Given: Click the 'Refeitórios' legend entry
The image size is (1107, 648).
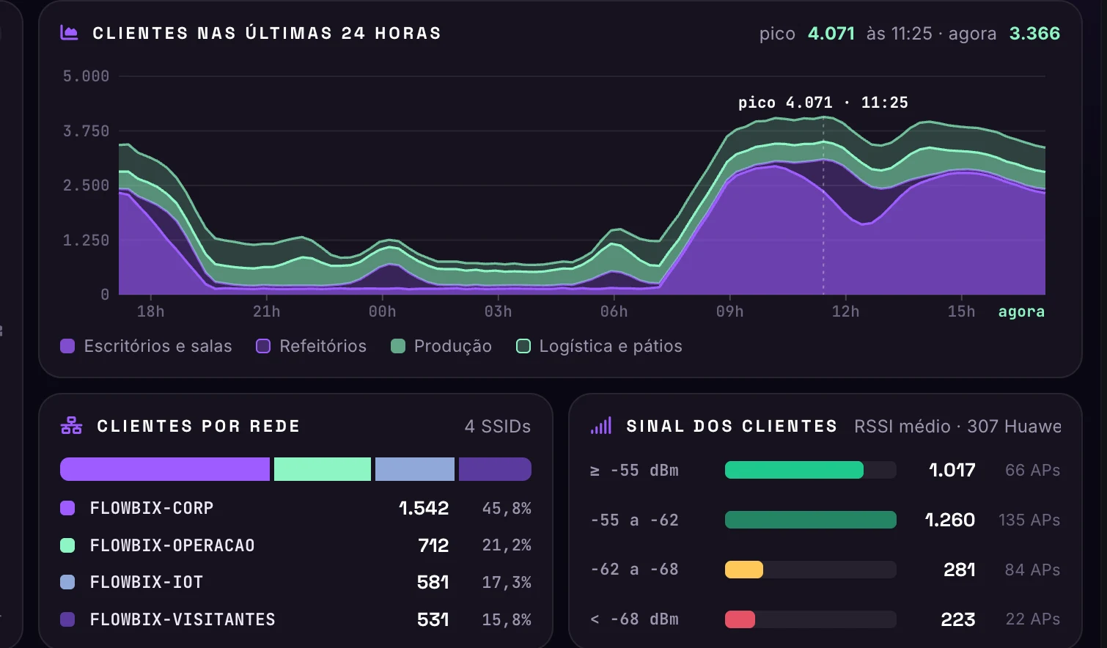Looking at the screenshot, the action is coord(312,346).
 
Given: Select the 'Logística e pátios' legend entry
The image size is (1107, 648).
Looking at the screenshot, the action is coord(599,346).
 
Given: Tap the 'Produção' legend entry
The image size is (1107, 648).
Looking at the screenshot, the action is coord(441,346).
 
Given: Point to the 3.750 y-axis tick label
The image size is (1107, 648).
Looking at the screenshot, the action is coord(86,131).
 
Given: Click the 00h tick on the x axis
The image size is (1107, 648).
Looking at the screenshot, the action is coord(382,312).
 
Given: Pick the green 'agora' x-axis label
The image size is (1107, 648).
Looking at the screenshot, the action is coord(1021,312).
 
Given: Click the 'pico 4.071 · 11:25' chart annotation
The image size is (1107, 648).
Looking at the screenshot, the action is coord(823,103).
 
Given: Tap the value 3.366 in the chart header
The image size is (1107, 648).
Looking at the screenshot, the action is coord(1034,33).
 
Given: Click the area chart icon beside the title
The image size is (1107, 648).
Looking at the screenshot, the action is coord(69,33).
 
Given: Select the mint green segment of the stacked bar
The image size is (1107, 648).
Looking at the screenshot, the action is coord(323,469).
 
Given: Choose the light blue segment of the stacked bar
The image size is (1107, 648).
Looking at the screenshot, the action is coord(415,469).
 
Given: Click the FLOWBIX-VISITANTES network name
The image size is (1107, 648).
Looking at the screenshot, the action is coord(183,619).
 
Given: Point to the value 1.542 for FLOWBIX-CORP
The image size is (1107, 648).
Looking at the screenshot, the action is coord(424,508).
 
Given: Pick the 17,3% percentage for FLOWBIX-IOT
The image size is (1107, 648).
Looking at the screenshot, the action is coord(507,582).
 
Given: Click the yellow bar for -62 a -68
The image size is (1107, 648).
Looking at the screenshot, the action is coord(744,570).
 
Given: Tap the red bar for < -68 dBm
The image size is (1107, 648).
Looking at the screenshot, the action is coord(740,619).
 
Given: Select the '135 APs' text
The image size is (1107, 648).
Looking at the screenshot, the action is coord(1029,520).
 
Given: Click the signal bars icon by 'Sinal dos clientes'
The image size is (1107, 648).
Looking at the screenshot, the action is coord(601,426).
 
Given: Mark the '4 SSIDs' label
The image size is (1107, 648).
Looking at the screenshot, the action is coord(498,426).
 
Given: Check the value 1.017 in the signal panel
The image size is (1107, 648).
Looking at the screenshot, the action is coord(952,470).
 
